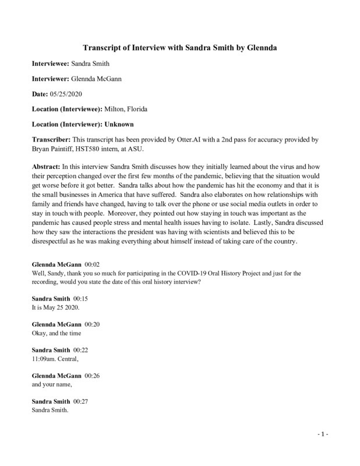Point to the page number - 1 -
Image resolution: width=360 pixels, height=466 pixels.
(324, 436)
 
